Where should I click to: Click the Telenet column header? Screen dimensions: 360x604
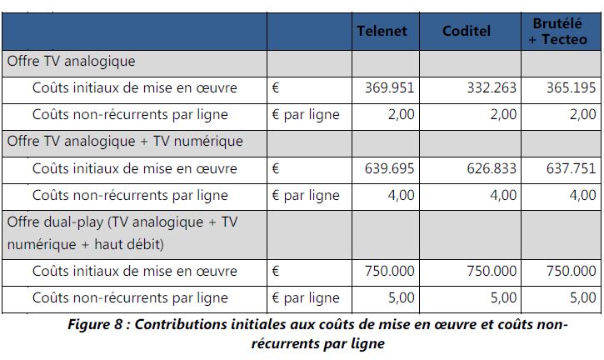click(x=382, y=31)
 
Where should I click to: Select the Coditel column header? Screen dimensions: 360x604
click(x=467, y=31)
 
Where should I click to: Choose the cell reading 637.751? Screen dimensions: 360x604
click(x=571, y=168)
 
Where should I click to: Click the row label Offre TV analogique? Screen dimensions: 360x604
click(x=71, y=61)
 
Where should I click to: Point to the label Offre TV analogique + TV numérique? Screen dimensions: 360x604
click(x=125, y=141)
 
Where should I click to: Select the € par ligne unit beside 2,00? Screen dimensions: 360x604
click(x=306, y=114)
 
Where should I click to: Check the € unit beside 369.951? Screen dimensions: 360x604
click(x=276, y=87)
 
